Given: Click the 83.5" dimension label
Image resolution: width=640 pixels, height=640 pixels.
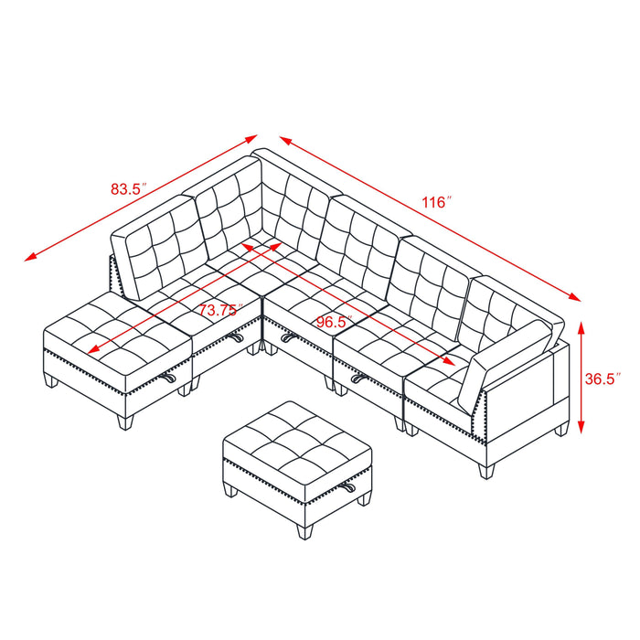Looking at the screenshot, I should pos(129,190).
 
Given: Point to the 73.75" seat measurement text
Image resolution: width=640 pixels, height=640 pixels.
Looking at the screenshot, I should pos(219,310).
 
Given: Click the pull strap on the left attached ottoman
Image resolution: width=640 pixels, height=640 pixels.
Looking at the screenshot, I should pos(170,377).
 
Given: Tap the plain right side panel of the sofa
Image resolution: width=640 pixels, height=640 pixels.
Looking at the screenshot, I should pos(528,402).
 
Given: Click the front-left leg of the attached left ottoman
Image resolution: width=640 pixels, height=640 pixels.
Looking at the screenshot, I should pos(53,379).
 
